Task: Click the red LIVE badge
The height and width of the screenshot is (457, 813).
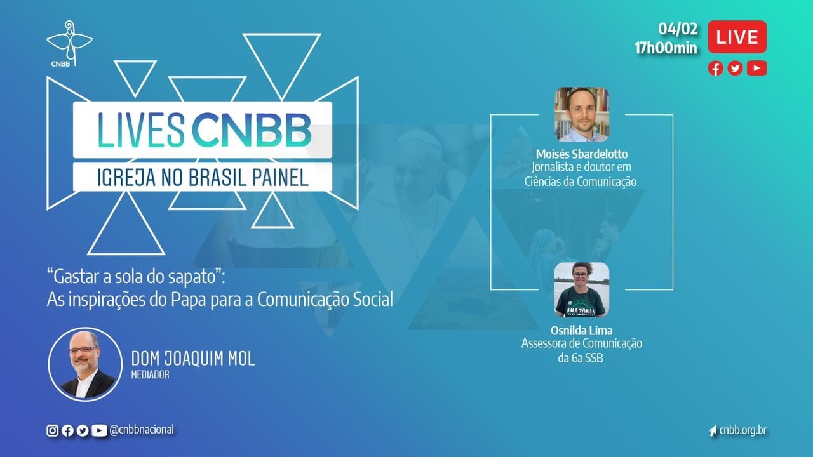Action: pyautogui.click(x=737, y=37)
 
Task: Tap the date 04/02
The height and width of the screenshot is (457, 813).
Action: pyautogui.click(x=678, y=29)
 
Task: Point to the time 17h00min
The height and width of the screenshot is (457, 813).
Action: pyautogui.click(x=666, y=48)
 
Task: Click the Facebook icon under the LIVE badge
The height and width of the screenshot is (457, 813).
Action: pyautogui.click(x=715, y=69)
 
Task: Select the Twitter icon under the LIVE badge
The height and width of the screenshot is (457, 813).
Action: pyautogui.click(x=735, y=69)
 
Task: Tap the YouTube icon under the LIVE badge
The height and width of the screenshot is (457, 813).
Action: pyautogui.click(x=756, y=68)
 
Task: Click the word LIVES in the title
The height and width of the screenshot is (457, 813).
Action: pyautogui.click(x=141, y=130)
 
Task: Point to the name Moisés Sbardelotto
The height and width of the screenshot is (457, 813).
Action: pyautogui.click(x=581, y=154)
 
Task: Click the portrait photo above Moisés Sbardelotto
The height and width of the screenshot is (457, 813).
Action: pyautogui.click(x=581, y=114)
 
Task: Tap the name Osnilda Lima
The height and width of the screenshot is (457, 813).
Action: pyautogui.click(x=581, y=330)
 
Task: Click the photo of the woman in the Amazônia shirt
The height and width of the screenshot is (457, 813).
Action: pyautogui.click(x=581, y=290)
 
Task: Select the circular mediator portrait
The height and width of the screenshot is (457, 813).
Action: pyautogui.click(x=85, y=364)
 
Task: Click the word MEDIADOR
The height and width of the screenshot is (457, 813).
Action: pyautogui.click(x=151, y=374)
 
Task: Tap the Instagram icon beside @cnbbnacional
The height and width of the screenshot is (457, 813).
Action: pyautogui.click(x=52, y=430)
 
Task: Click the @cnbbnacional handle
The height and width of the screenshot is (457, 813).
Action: pyautogui.click(x=142, y=430)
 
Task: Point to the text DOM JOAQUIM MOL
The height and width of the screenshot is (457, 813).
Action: pyautogui.click(x=193, y=359)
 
